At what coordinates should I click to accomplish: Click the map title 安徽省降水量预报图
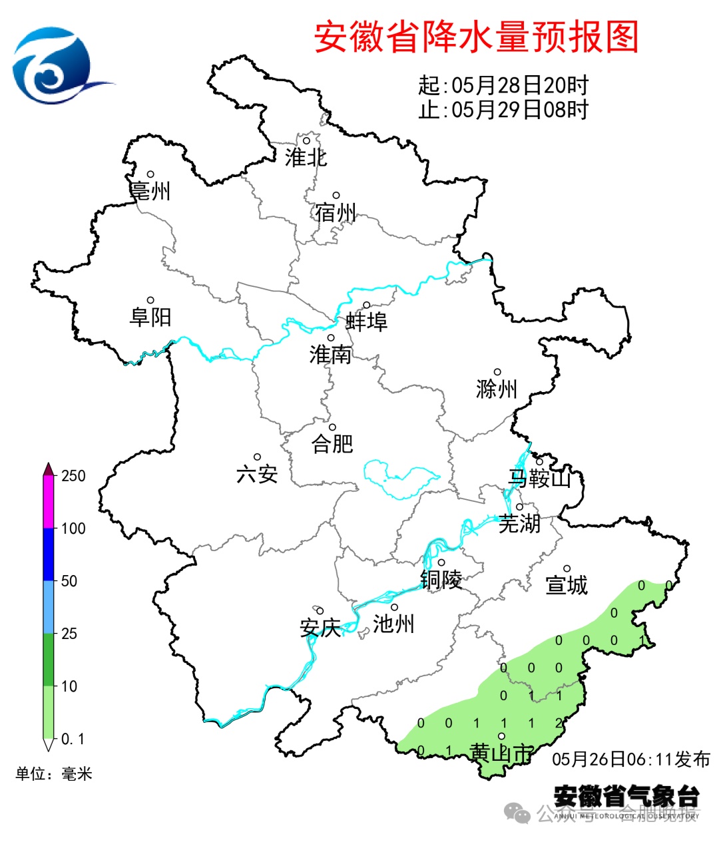476,37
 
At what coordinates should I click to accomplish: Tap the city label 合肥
332,443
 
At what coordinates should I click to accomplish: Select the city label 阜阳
150,317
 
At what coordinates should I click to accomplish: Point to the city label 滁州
497,389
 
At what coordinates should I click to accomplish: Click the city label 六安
257,474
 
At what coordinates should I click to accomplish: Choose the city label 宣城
567,585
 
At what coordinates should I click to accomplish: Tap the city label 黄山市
501,753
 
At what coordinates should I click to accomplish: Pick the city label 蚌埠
366,321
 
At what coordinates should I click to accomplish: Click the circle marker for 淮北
307,140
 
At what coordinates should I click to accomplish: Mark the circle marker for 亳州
150,174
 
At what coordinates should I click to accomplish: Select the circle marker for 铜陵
441,562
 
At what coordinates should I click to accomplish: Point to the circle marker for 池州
394,607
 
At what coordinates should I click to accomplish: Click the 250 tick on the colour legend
73,476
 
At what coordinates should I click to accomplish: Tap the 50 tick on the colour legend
69,581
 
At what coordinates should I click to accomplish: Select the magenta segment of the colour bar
49,502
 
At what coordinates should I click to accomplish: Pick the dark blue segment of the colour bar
49,554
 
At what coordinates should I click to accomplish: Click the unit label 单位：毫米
54,773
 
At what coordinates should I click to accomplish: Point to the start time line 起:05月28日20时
503,85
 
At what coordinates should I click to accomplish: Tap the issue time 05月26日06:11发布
630,759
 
